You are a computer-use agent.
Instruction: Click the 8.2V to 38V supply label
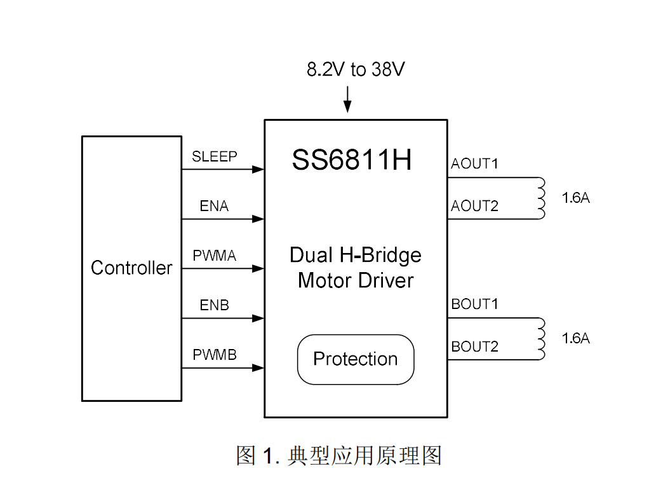tap(355, 69)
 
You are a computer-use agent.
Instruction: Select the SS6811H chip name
tap(352, 160)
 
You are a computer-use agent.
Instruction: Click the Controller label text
tap(131, 268)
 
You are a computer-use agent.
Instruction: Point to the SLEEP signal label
tap(215, 156)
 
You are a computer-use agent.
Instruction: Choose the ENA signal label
tap(214, 206)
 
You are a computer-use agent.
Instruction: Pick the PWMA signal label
tap(215, 256)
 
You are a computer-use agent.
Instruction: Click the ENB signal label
tap(214, 305)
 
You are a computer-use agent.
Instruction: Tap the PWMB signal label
tap(215, 355)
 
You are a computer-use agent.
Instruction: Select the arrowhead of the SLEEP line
tap(258, 169)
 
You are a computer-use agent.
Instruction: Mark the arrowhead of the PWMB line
tap(258, 367)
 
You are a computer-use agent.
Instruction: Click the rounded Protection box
tap(356, 359)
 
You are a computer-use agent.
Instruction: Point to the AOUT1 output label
tap(474, 164)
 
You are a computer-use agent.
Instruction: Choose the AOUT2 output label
tap(474, 206)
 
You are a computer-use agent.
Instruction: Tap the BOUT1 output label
tap(474, 305)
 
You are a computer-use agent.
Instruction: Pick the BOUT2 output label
tap(474, 346)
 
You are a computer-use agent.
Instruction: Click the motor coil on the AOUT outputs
tap(542, 198)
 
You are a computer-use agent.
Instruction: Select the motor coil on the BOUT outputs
tap(542, 338)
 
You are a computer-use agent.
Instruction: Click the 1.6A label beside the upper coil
tap(576, 198)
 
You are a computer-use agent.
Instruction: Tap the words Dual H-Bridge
tap(356, 255)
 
